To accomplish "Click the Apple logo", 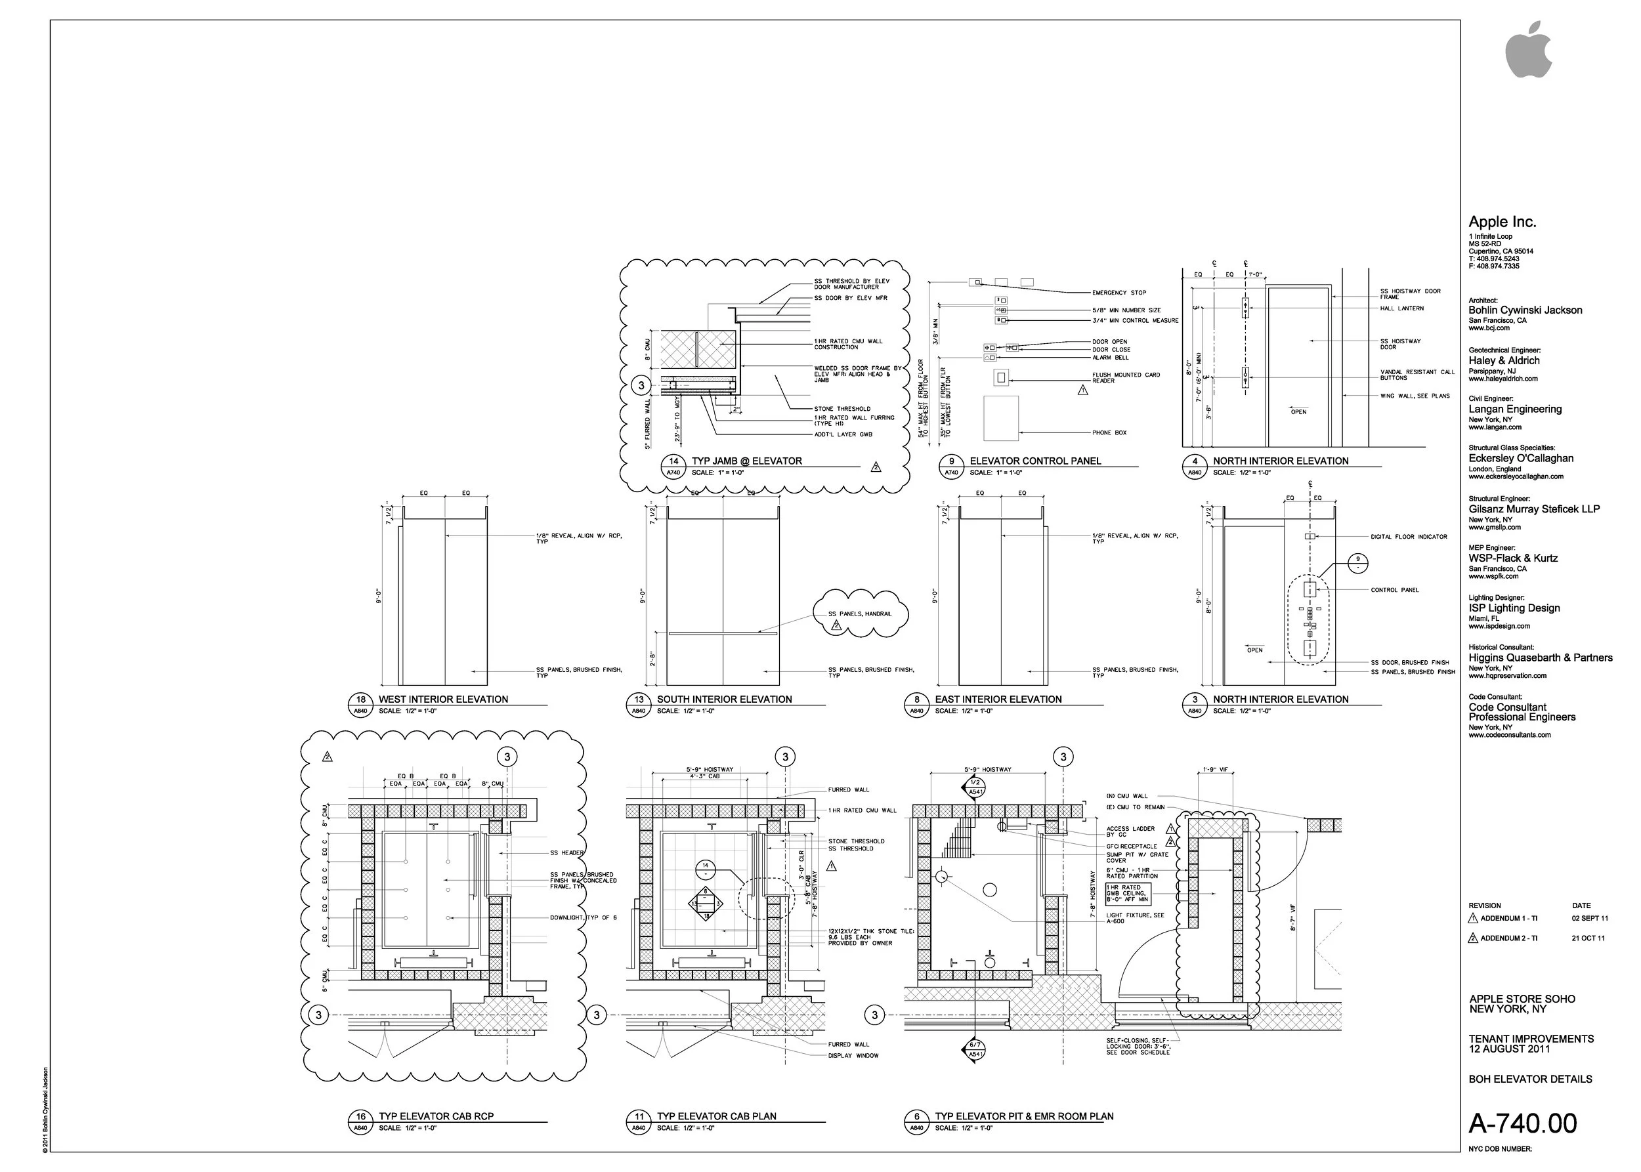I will pos(1527,50).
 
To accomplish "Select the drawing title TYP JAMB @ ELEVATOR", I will pos(746,461).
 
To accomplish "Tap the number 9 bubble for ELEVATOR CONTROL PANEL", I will pos(951,461).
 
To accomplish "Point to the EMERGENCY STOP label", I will pos(1119,293).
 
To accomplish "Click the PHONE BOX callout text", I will pos(1109,433).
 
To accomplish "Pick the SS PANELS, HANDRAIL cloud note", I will pos(859,614).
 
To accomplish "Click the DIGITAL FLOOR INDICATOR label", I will pos(1409,537).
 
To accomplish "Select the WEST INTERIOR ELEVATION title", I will pos(442,700).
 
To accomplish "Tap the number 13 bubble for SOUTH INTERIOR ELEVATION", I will pos(638,700).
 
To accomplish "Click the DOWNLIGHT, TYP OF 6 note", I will pos(584,918).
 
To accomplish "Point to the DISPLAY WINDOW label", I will pos(853,1056).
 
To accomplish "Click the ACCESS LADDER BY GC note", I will pos(1130,831).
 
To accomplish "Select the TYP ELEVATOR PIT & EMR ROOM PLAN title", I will pos(1024,1116).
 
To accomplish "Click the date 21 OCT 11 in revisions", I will pos(1588,938).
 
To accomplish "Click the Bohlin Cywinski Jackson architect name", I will pos(1525,310).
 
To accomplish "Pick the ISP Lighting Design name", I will pos(1514,608).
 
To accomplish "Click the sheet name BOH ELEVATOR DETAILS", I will pos(1530,1079).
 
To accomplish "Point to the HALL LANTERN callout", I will pos(1401,308).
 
